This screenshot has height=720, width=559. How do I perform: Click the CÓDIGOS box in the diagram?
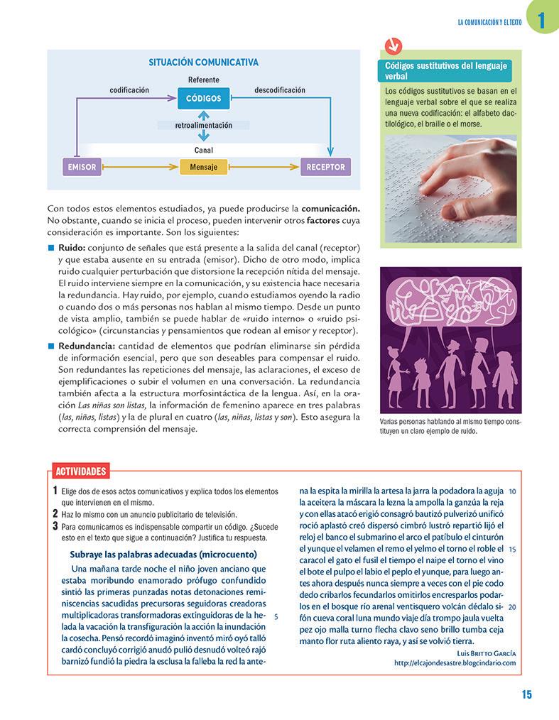pos(204,99)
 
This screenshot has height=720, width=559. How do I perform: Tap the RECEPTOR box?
pos(325,168)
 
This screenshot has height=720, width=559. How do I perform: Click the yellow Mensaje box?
pos(203,168)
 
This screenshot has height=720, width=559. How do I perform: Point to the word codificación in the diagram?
pos(129,90)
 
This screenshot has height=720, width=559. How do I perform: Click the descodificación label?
pos(280,90)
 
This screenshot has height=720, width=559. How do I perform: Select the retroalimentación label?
pos(204,125)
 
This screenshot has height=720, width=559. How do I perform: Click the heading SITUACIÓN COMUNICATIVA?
pos(203,62)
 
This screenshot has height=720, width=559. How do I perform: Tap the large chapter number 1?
pos(542,21)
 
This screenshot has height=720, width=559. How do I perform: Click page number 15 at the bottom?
pos(526,694)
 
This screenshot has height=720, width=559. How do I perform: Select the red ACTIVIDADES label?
pos(81,471)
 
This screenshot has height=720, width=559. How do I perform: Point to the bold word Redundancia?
pos(87,346)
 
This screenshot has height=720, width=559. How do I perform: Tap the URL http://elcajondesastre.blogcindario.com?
pos(455,663)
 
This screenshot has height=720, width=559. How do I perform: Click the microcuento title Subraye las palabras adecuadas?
pos(163,554)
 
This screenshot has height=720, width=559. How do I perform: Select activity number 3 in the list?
pos(55,526)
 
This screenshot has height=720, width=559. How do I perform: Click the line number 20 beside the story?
pos(512,606)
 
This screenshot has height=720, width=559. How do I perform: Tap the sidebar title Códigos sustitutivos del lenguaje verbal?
pos(446,70)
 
